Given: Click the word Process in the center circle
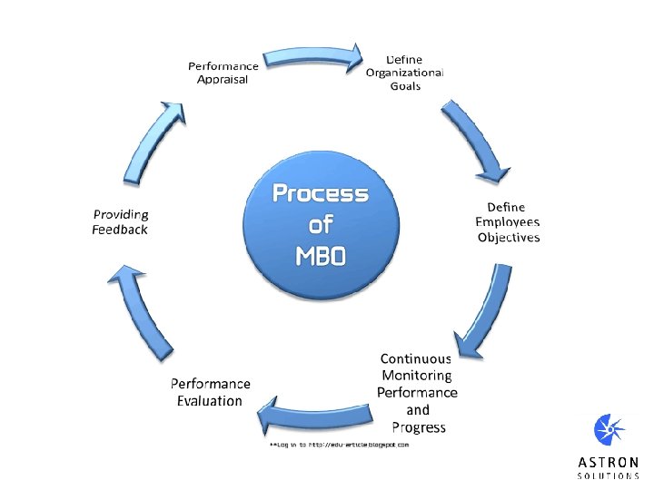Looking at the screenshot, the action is pos(321,194).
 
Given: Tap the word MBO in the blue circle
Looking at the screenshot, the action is pos(321,256).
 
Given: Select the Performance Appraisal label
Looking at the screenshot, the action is pos(223,73).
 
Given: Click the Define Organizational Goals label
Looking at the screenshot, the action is pos(404,73).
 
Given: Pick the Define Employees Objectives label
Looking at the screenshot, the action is pos(508,222).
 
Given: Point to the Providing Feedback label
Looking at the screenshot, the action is pos(120,222).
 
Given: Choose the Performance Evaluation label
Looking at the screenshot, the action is pos(210,392).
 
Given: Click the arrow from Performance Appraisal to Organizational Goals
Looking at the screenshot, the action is pos(312,57).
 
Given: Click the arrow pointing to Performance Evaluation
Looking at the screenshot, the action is pos(315,415).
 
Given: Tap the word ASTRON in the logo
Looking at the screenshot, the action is pos(608,463).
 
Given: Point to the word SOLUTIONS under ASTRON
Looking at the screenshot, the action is pos(608,475).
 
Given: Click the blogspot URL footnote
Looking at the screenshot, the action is pos(340,445).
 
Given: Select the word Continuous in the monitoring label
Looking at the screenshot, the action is pos(416,358).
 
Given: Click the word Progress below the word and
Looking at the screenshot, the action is pos(419,428).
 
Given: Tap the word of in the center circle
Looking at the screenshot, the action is pos(321,224).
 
